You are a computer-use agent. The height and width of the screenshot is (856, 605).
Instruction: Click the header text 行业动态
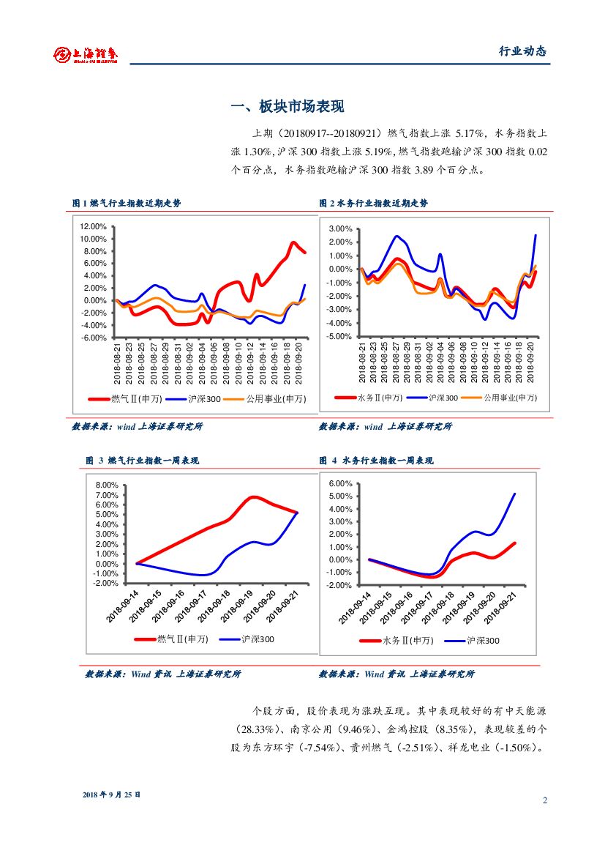[522, 51]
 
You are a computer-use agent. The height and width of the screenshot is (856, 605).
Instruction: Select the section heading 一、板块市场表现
[287, 107]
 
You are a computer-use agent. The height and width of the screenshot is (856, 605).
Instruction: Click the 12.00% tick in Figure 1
[94, 227]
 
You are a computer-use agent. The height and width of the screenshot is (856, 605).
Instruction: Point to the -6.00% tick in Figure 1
[94, 338]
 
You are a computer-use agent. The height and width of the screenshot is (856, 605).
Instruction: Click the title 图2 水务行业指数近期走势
[373, 203]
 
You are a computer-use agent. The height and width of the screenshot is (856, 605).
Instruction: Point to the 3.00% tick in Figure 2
[341, 229]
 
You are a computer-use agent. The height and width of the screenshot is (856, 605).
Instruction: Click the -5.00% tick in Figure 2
[339, 336]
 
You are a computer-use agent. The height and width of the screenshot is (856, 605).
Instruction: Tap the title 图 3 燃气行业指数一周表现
[142, 461]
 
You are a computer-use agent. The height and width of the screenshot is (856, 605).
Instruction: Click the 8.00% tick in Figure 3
[107, 485]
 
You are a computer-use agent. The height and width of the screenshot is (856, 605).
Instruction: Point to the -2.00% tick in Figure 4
[340, 586]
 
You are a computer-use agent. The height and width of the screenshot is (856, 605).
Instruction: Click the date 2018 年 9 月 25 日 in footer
[111, 794]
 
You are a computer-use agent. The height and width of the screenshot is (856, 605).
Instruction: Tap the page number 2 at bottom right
[544, 800]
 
